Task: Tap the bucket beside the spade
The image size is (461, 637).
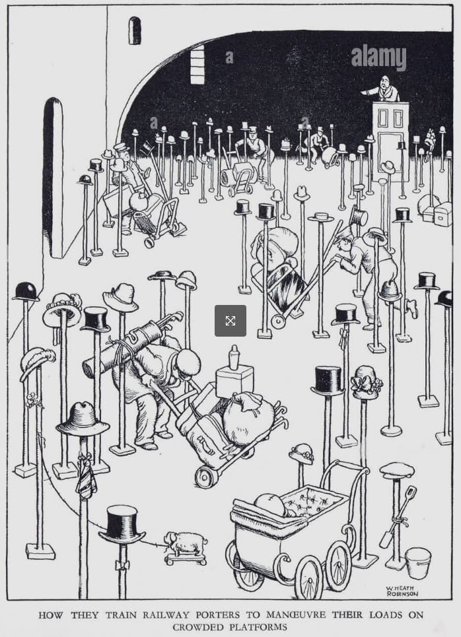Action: (x=418, y=562)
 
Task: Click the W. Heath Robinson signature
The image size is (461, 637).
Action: (x=402, y=591)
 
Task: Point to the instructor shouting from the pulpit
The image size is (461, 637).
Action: (x=384, y=89)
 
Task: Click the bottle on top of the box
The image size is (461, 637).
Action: (x=234, y=358)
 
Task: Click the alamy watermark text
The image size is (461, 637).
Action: (x=378, y=57)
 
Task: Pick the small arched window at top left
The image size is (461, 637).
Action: (x=135, y=30)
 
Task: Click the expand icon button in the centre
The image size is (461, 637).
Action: (x=230, y=321)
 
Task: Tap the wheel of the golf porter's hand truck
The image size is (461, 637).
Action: (x=207, y=477)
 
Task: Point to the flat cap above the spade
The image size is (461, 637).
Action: (x=397, y=471)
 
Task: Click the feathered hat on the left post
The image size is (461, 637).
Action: (x=38, y=361)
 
